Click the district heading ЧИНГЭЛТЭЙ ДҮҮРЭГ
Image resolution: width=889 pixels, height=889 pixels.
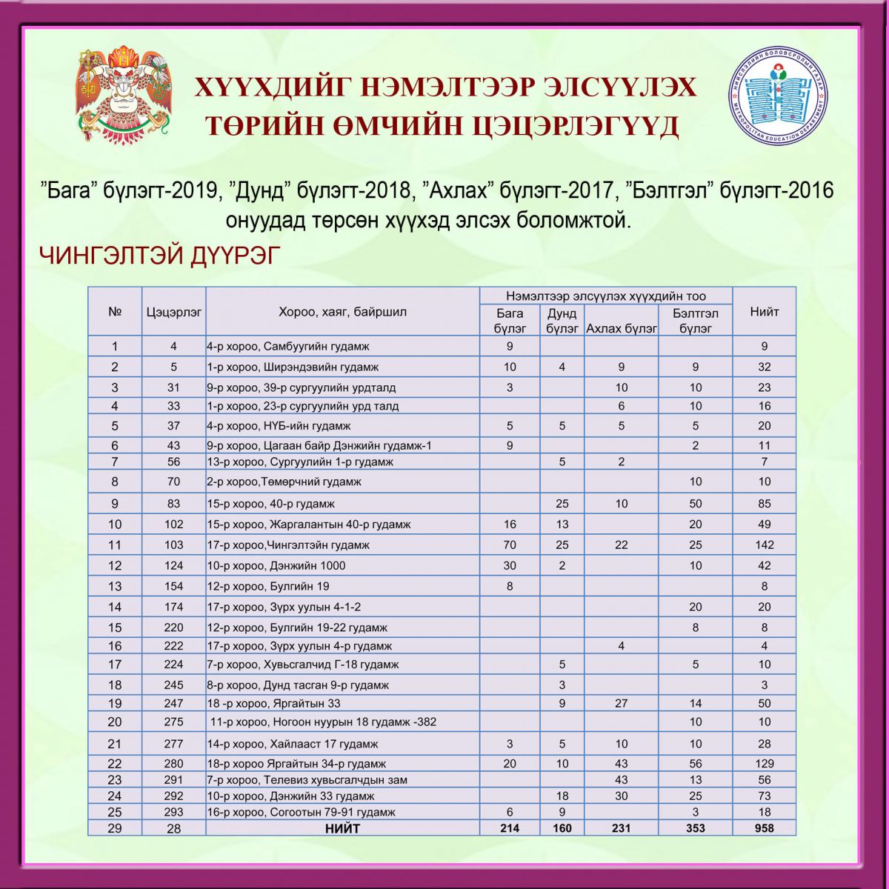160,256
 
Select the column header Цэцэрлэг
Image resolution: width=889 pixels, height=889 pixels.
173,312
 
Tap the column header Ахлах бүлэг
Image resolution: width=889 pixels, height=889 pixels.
621,328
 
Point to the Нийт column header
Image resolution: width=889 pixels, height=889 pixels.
764,312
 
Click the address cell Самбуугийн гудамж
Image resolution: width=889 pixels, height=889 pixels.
288,346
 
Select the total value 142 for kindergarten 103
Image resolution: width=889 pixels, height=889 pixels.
764,545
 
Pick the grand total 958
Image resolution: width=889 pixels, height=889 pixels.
764,828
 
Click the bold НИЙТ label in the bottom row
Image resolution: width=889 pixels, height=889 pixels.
342,828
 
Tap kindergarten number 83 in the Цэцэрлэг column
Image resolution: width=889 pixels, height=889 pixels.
173,504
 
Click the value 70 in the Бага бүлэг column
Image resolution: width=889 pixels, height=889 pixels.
510,545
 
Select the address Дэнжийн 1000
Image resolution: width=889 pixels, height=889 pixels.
276,565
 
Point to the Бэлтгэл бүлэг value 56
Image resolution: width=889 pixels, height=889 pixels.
695,763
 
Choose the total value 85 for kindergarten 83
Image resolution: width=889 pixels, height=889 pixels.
764,504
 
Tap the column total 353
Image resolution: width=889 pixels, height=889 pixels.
695,828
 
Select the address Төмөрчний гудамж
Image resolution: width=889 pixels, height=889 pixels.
284,482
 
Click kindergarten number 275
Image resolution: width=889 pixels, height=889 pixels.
173,722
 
